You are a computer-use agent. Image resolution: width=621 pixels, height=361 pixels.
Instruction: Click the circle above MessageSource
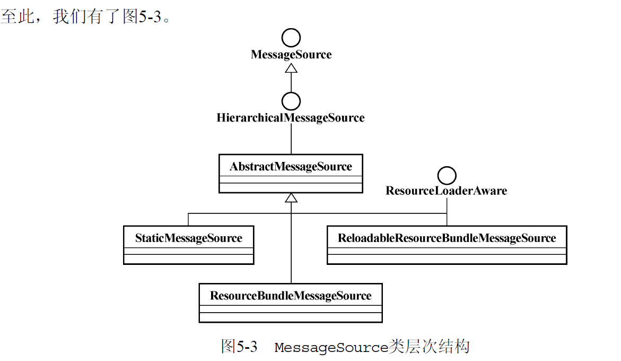[291, 38]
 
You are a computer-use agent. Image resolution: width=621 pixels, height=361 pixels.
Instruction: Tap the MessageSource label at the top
[291, 55]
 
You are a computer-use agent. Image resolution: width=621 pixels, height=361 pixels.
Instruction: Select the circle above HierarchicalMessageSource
[291, 101]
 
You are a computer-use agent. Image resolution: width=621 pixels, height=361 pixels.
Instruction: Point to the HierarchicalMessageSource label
[291, 117]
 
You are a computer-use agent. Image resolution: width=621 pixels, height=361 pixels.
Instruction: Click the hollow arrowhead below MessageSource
[291, 68]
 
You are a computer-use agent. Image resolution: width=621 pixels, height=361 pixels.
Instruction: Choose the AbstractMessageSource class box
[291, 174]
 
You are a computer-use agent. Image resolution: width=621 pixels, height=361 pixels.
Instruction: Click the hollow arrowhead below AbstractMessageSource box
[291, 197]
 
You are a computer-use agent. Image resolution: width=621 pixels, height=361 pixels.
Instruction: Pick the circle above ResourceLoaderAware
[447, 175]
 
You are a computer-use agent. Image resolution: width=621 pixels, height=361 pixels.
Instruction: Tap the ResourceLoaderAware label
[446, 191]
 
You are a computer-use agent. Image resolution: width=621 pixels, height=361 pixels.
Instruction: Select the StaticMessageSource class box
[188, 245]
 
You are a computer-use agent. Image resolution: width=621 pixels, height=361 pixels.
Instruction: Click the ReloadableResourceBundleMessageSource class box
[447, 245]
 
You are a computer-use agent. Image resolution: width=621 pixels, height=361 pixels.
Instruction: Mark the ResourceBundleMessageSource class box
[291, 303]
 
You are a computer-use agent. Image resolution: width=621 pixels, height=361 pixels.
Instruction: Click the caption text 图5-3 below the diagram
[239, 347]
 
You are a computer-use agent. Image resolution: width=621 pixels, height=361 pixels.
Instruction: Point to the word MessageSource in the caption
[331, 348]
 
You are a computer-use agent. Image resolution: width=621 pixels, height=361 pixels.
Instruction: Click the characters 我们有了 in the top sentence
[87, 17]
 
